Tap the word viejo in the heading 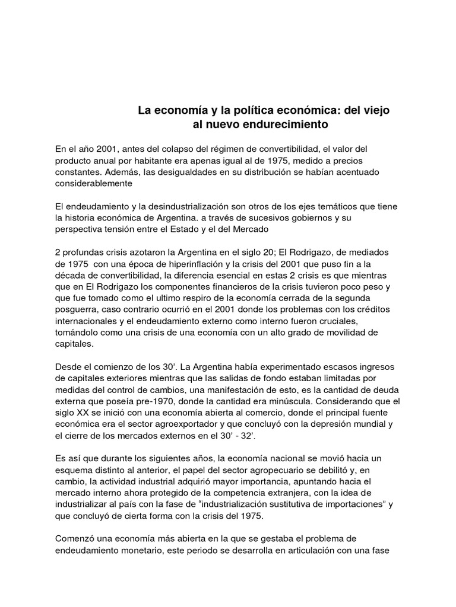(x=375, y=110)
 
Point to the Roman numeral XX (x=85, y=413)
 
